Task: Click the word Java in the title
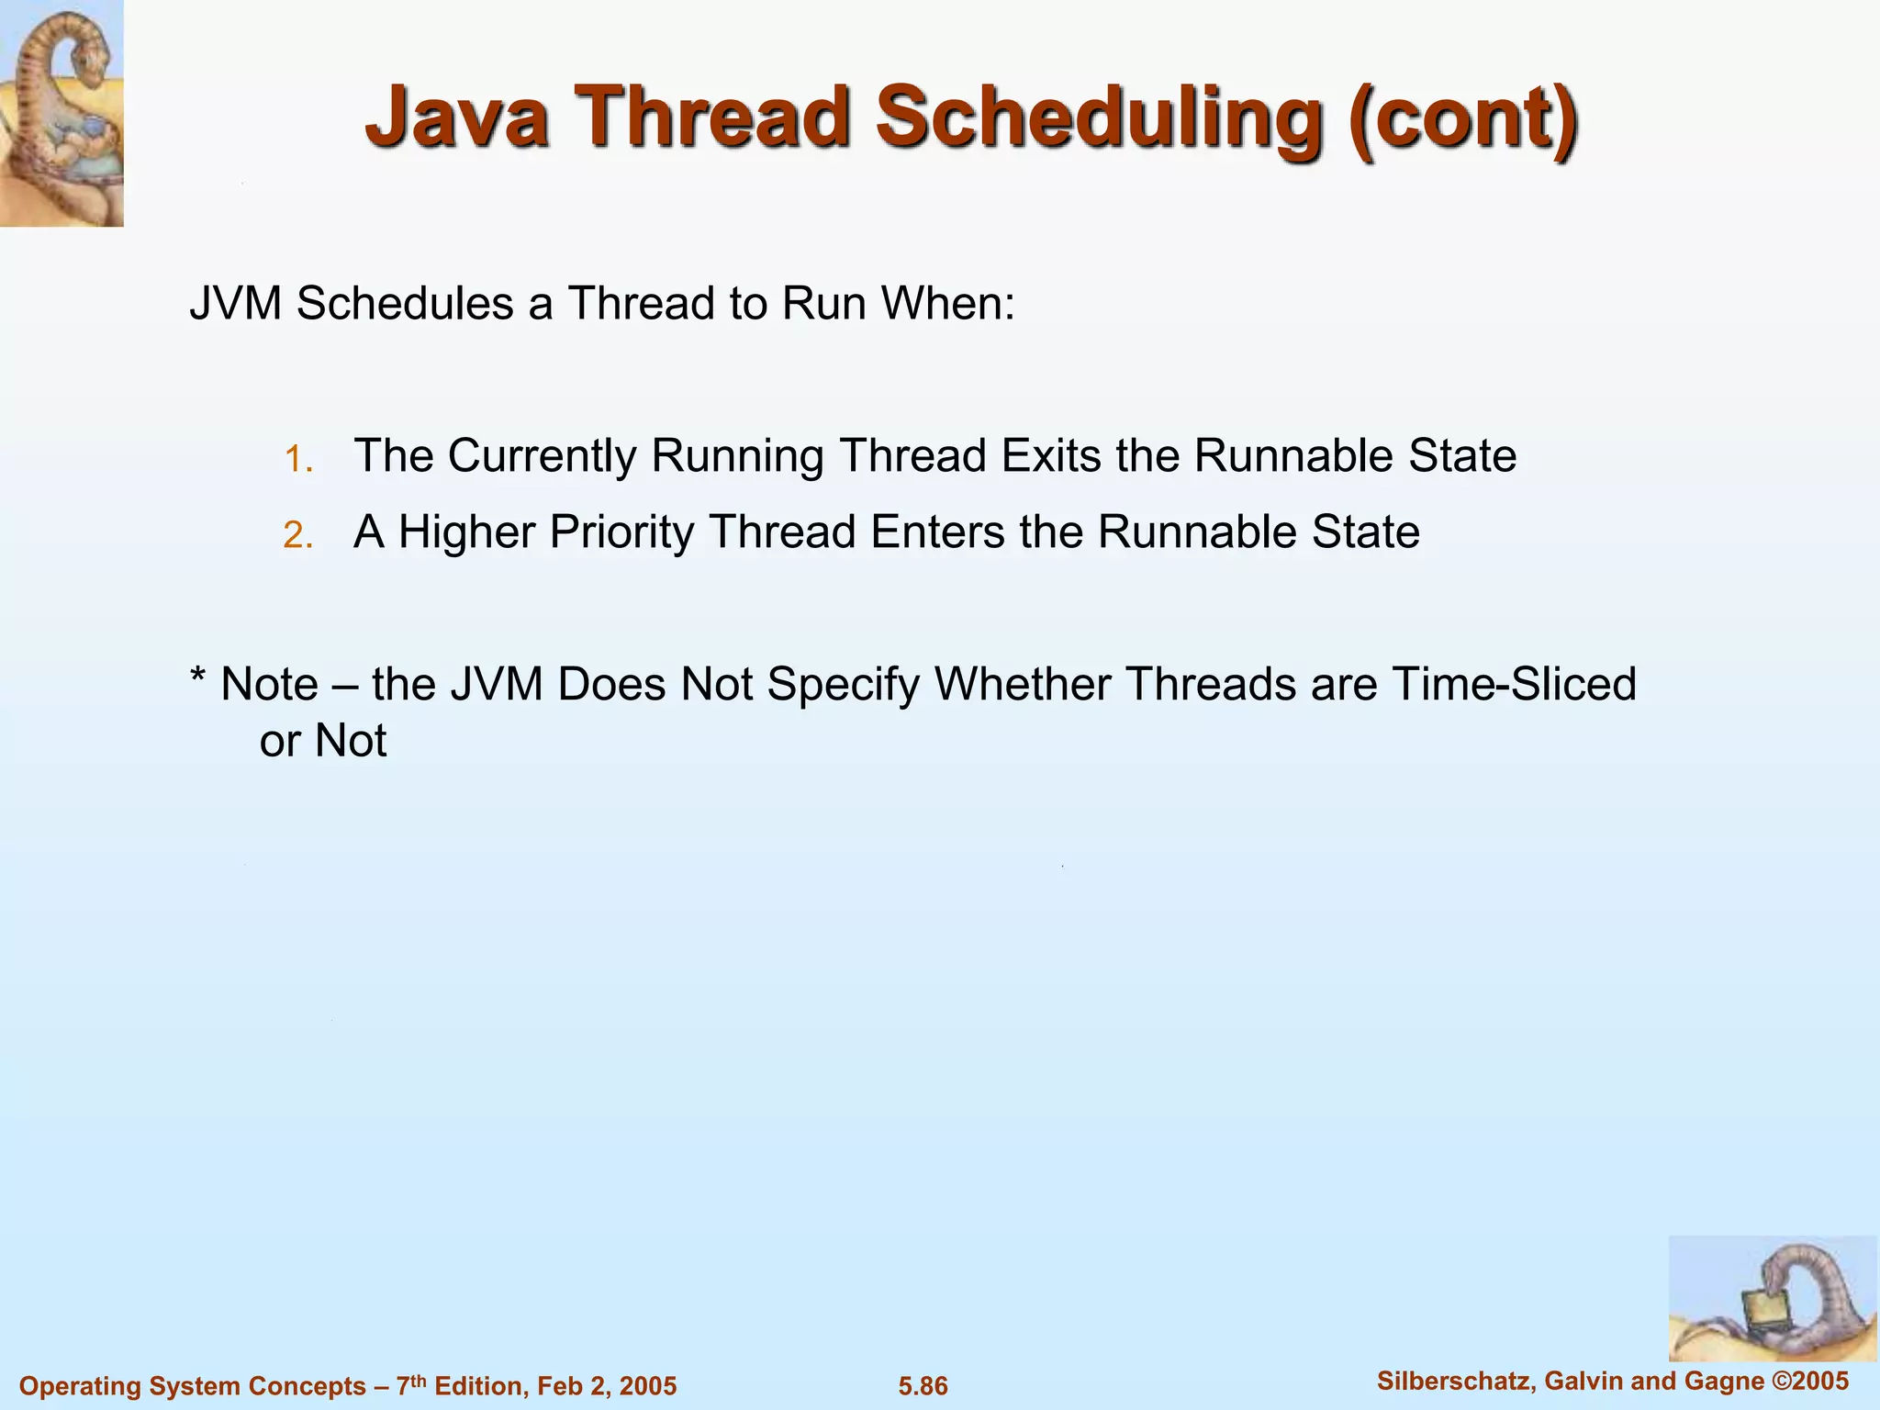coord(456,117)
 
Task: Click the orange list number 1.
coord(298,459)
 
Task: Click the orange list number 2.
coord(298,535)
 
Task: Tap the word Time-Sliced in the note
coord(1514,684)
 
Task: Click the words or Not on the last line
coord(323,741)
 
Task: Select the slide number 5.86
coord(923,1386)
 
